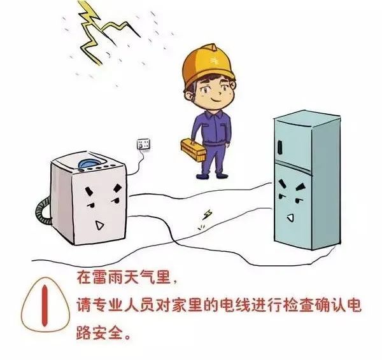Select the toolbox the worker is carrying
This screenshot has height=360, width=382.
coord(193,149)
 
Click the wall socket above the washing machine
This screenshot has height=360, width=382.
coord(143,144)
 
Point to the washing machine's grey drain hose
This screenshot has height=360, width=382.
coord(44,211)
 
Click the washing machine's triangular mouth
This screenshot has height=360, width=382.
coord(99,225)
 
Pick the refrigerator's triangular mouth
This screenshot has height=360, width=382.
coord(290,218)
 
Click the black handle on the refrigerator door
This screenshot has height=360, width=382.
coord(279,148)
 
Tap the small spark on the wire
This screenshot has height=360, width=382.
coord(208,214)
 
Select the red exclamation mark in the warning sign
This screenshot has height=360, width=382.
coord(45,306)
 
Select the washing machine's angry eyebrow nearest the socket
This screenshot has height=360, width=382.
coord(118,188)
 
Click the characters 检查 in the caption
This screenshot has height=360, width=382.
coord(298,305)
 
